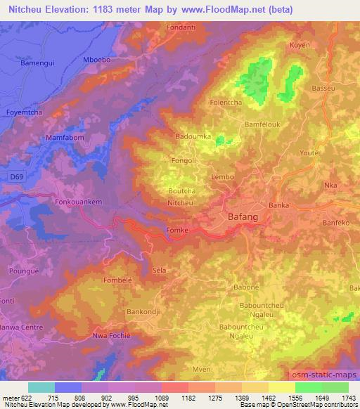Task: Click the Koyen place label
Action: (300, 45)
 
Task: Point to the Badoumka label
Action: (193, 136)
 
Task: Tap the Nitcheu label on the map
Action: (182, 202)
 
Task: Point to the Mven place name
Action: (202, 370)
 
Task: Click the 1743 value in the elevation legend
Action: (348, 397)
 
